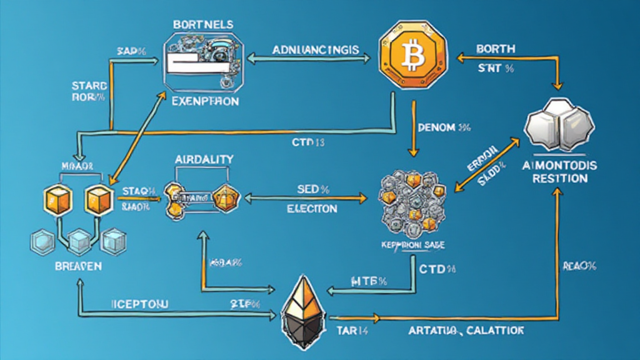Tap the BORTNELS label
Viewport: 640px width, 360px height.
204,24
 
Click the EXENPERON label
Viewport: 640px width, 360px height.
205,101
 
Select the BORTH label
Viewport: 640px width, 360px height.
496,48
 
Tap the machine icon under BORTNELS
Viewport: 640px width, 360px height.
204,60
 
